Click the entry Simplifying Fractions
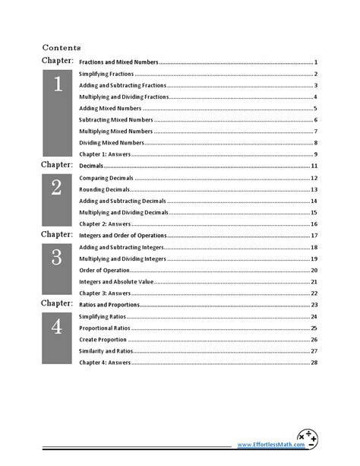(x=106, y=74)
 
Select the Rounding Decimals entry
(x=105, y=189)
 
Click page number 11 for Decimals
(x=314, y=166)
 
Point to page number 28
(x=314, y=363)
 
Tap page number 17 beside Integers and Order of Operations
(x=314, y=236)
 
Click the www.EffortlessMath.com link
(x=265, y=445)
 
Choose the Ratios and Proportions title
(x=109, y=305)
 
